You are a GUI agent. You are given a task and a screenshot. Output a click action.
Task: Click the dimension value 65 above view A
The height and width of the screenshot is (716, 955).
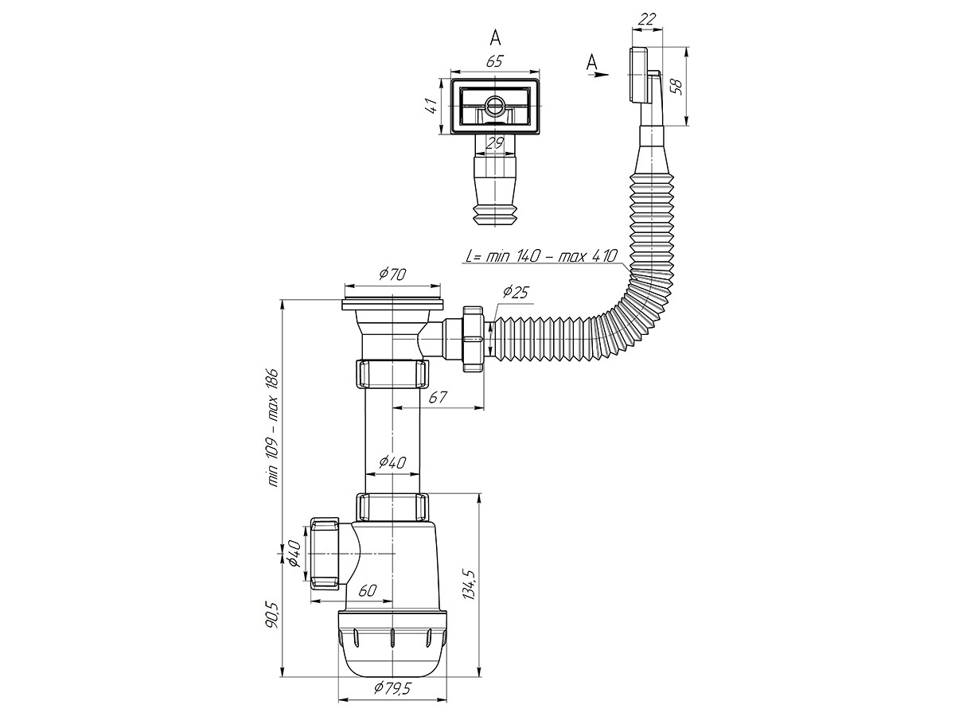(494, 61)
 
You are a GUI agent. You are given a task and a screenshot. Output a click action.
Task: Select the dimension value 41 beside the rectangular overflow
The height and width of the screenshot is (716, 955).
(431, 106)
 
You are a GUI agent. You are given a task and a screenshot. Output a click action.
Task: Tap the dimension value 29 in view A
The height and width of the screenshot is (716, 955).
(495, 142)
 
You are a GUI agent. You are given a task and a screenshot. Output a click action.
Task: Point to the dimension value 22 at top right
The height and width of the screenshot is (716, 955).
(647, 20)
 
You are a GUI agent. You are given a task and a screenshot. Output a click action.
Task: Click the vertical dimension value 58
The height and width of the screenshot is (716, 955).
(676, 86)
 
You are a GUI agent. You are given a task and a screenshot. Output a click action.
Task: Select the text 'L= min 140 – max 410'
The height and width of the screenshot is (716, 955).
(541, 256)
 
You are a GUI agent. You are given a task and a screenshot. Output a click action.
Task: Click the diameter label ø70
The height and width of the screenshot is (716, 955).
(392, 274)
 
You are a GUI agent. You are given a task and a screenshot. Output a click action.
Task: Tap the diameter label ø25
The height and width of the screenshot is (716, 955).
(516, 292)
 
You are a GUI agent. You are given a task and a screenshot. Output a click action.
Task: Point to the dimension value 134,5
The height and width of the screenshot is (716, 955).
(470, 585)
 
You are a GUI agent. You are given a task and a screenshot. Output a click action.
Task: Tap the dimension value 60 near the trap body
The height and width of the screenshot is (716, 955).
(368, 590)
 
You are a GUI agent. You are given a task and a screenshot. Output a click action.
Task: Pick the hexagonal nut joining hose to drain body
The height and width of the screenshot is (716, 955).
(474, 339)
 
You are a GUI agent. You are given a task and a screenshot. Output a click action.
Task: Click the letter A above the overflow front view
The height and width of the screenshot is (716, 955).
(495, 38)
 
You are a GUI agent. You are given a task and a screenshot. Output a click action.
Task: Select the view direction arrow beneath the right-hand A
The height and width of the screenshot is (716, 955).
(598, 74)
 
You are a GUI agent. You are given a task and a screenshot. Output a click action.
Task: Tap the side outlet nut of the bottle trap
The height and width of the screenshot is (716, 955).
(325, 553)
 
